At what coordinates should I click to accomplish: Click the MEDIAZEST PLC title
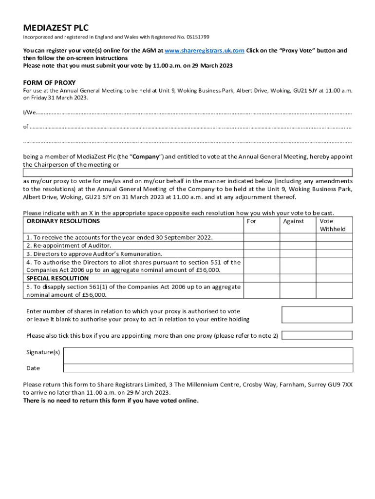[56, 28]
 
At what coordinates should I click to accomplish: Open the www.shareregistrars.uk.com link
[204, 51]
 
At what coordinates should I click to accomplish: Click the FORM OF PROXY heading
[49, 82]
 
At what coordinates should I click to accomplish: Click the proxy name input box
[187, 173]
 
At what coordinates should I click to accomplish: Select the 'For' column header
[252, 221]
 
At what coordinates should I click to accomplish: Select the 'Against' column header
[293, 221]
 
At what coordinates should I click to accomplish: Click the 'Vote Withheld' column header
[333, 225]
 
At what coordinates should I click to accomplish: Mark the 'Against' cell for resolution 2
[298, 246]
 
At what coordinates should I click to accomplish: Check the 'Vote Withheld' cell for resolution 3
[334, 254]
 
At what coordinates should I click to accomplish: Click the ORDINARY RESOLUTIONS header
[63, 221]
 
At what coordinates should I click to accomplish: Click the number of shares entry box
[317, 315]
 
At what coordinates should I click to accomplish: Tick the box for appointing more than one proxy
[317, 335]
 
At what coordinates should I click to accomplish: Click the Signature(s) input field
[208, 355]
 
